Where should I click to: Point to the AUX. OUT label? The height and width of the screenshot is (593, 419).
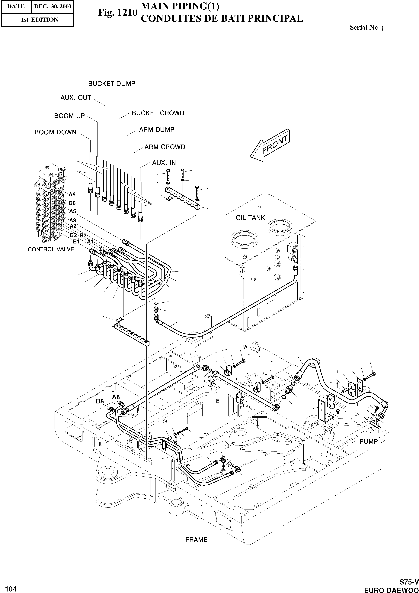(76, 98)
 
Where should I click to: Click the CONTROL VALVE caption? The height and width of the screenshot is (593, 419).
(51, 249)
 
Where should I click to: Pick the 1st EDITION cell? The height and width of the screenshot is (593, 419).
(40, 20)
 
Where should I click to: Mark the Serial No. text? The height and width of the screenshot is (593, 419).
(366, 28)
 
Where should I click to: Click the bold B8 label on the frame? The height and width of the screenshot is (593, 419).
(100, 401)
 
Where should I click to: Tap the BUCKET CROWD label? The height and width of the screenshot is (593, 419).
(158, 113)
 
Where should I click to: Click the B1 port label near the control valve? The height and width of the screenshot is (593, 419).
(76, 242)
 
